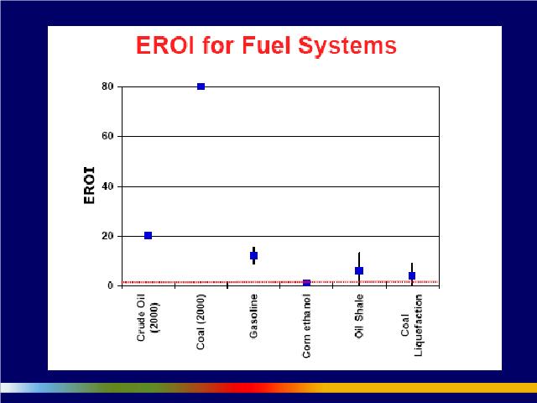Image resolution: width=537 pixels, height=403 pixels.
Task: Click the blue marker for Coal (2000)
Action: pos(201,86)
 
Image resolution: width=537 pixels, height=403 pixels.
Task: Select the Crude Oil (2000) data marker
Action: pos(148,235)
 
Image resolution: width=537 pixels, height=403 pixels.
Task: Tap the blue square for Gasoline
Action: pos(253,255)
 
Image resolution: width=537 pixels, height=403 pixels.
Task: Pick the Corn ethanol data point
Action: pos(306,283)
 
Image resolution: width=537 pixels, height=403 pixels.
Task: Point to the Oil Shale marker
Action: pos(359,270)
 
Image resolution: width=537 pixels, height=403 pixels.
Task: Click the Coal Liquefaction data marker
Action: pos(412,276)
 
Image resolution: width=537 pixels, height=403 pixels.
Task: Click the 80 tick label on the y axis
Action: pos(107,86)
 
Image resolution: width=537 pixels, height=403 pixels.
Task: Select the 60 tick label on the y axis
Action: pos(107,136)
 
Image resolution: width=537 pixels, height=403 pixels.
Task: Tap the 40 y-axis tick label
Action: pos(107,186)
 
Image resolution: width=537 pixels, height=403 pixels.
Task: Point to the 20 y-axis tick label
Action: pos(107,236)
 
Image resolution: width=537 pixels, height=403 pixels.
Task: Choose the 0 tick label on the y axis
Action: pos(110,285)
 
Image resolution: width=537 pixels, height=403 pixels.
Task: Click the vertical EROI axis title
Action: pos(89,186)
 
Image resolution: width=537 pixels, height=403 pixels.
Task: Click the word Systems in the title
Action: pos(347,45)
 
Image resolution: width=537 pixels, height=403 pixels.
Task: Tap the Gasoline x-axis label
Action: pos(253,316)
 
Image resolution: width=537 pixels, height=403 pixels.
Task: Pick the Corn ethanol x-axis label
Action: pos(306,326)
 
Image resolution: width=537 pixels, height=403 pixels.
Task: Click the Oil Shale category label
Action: pos(359,316)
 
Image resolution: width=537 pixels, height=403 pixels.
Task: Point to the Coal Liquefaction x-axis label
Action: pos(412,325)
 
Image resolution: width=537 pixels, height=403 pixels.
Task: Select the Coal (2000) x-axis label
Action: pos(201,322)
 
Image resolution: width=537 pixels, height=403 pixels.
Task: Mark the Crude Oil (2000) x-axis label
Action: pos(148,317)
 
